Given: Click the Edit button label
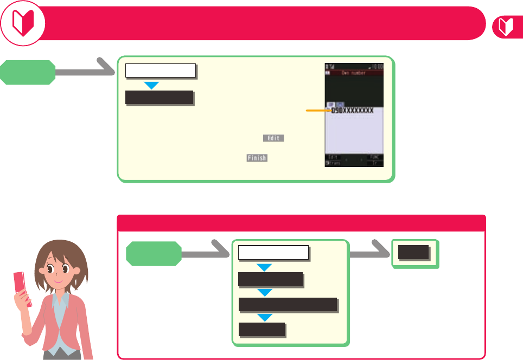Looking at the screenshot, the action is pos(273,138).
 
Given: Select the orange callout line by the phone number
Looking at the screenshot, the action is pos(318,110).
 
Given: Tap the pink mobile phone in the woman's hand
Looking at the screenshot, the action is pos(22,290).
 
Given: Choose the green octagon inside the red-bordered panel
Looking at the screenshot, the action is pos(154,254).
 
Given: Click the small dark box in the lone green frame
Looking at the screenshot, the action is pos(414,253).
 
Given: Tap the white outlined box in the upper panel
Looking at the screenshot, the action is pos(160,70).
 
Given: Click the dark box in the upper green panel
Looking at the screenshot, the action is pos(159,98).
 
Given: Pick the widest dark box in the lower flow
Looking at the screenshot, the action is pos(288,305).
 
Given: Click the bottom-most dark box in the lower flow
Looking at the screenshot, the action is pos(261,329).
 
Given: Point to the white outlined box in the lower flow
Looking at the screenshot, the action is pos(273,253).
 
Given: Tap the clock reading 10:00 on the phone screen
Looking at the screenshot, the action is pos(376,66).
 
